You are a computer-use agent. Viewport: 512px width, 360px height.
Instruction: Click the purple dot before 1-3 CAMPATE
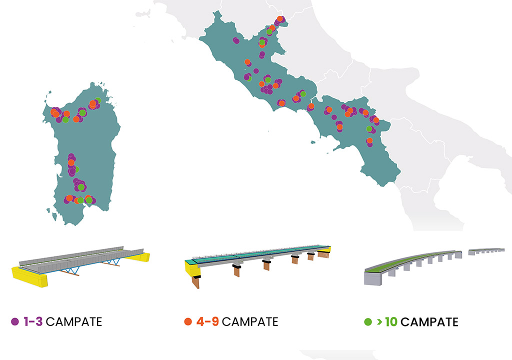tap(15, 321)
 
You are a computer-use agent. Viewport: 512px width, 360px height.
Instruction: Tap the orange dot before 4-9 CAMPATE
tap(188, 321)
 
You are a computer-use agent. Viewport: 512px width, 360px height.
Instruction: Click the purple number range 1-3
tap(33, 321)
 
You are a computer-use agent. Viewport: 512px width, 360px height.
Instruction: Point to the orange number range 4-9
tap(207, 321)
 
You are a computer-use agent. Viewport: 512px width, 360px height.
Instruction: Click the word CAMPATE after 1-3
tap(73, 321)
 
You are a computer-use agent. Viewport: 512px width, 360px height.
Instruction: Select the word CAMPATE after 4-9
tap(250, 321)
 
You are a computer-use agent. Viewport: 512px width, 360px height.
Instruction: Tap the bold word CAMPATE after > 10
tap(429, 321)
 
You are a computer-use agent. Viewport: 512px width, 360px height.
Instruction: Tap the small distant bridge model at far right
tap(486, 250)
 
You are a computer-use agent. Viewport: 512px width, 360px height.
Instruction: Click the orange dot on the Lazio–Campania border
tap(310, 106)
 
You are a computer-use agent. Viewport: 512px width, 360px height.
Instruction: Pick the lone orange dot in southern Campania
tap(369, 141)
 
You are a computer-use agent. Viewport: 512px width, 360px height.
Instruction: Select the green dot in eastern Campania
tap(369, 129)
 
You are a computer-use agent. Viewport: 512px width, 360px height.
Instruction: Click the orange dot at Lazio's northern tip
tap(279, 18)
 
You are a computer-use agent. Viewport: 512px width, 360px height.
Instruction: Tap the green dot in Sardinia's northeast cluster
tap(97, 100)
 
